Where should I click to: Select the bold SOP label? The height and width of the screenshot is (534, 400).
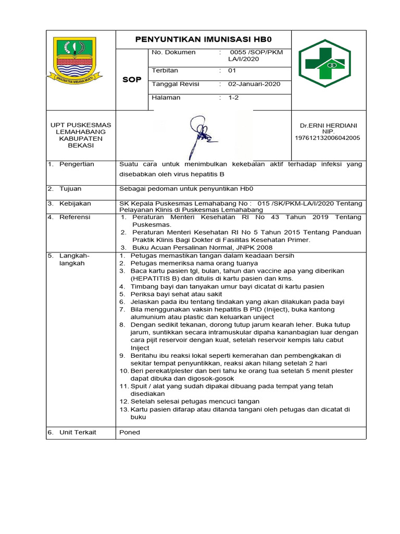coord(131,80)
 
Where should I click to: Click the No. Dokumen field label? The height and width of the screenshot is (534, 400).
coord(173,53)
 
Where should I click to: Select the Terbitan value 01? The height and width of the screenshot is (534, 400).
coord(232,70)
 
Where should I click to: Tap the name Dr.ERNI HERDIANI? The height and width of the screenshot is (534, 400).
coord(328,126)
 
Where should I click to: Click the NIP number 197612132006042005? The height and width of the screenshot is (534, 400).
coord(328,138)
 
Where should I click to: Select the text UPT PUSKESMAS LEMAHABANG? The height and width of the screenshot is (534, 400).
coord(80,128)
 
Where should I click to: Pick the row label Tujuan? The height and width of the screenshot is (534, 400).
coord(70,189)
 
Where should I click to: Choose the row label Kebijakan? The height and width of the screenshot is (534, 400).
coord(75,203)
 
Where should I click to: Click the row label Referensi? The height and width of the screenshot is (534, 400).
coord(74,217)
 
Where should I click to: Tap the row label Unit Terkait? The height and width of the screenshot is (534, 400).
coord(78,432)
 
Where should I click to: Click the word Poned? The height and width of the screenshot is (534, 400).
coord(130,432)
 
